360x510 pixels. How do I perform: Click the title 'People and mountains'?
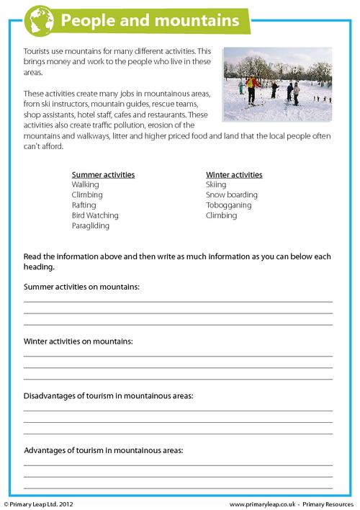point(150,21)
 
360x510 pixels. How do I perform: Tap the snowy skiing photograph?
point(277,84)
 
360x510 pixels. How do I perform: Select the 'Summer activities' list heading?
point(103,175)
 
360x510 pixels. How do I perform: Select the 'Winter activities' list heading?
point(234,175)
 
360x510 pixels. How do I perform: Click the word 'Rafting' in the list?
point(84,205)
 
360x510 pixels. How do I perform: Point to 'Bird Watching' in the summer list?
point(95,215)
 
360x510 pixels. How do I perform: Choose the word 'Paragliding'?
point(91,225)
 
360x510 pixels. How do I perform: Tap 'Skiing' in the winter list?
point(216,185)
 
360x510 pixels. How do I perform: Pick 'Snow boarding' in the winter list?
point(232,195)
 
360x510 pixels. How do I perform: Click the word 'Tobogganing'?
point(230,205)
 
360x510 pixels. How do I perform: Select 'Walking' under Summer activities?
point(86,185)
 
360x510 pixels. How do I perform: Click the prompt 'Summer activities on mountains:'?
point(81,287)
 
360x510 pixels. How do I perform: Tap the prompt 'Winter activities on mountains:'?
point(78,341)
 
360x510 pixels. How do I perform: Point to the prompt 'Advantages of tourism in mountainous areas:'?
point(104,451)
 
